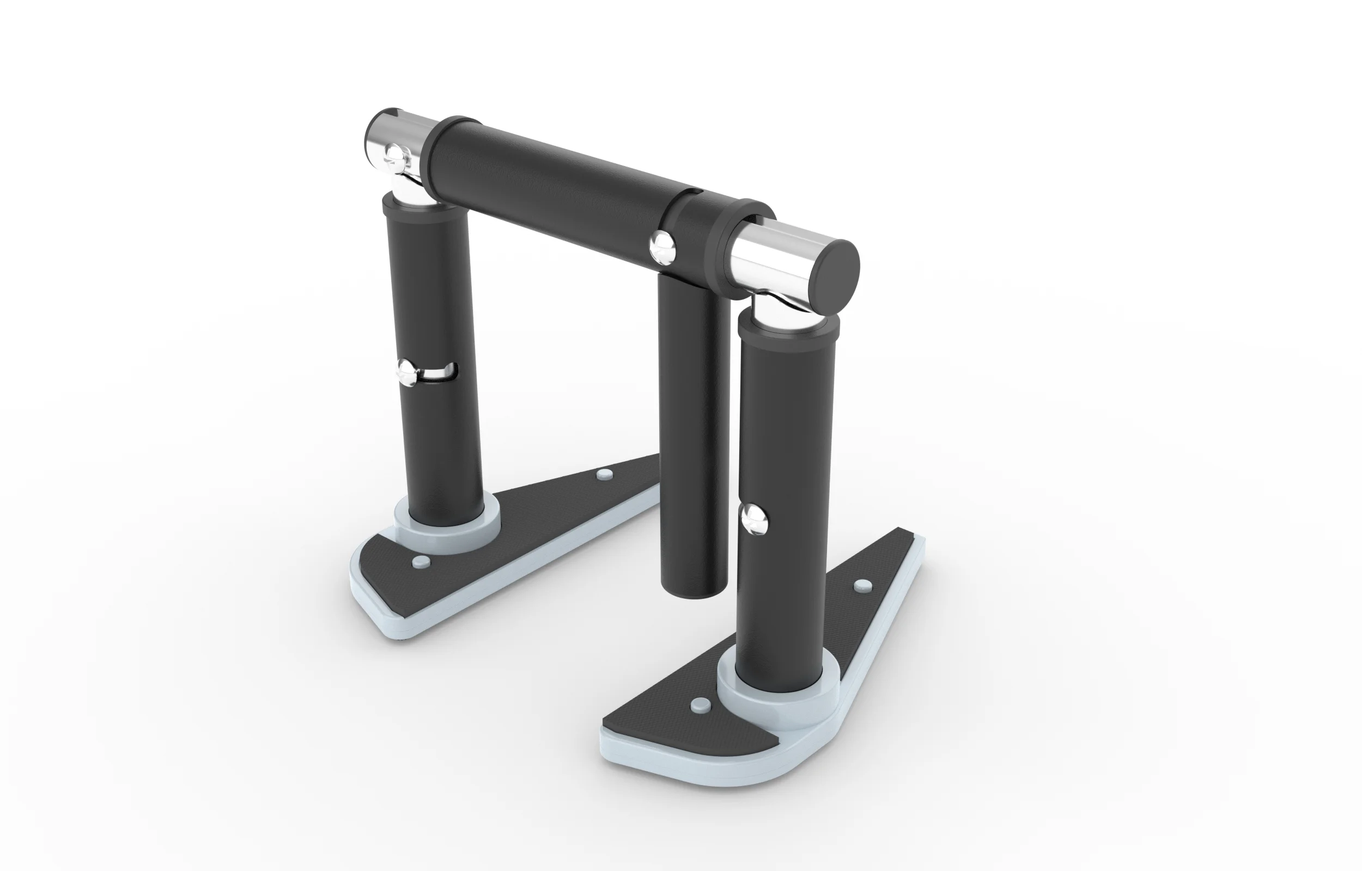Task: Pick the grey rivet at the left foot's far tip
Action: coord(605,474)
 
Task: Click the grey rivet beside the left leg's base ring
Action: coord(421,562)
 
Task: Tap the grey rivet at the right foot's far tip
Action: coord(861,585)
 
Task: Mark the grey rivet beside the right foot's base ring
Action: coord(701,705)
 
